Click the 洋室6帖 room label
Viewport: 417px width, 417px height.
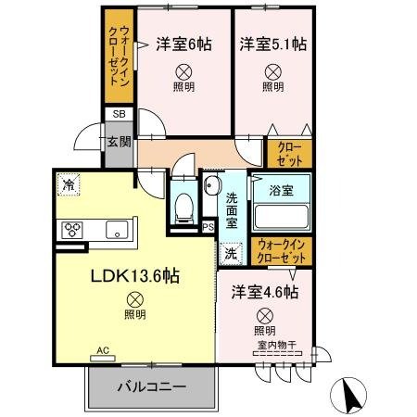coord(181,43)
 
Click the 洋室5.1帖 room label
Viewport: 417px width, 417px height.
coord(272,43)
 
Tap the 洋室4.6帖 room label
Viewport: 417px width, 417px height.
coord(264,292)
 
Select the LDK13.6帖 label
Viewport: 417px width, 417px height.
coord(135,277)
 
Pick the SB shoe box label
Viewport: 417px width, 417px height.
coord(118,114)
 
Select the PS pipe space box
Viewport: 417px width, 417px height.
coord(208,224)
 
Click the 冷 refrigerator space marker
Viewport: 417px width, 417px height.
coord(69,184)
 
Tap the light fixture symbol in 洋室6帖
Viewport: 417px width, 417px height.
coord(182,69)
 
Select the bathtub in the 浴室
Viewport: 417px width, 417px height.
coord(281,217)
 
